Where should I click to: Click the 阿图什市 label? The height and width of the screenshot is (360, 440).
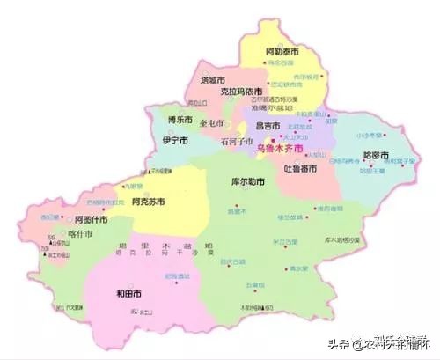point(90,218)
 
